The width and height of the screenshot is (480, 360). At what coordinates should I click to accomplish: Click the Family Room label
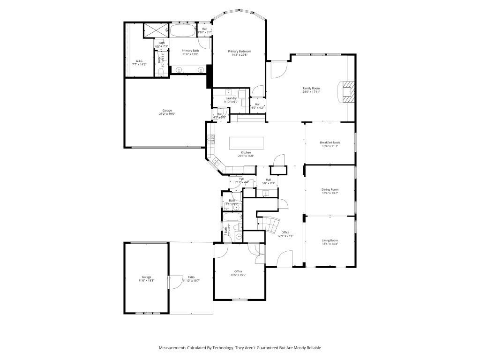[311, 88]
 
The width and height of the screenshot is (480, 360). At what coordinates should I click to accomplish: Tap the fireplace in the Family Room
[347, 92]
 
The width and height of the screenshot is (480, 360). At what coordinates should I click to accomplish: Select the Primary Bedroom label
[240, 51]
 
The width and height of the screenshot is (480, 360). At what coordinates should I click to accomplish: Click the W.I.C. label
[139, 60]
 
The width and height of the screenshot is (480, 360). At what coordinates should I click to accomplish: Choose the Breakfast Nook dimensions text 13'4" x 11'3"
[330, 146]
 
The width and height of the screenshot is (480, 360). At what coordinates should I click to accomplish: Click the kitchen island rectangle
[246, 142]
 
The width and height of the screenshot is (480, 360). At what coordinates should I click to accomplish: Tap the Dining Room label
[330, 189]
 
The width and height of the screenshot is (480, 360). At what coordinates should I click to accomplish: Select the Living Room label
[330, 240]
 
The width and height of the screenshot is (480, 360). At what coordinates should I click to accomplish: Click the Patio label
[191, 277]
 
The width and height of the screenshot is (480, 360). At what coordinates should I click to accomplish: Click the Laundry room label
[231, 98]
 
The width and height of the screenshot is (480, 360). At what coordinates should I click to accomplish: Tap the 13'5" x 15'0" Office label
[238, 271]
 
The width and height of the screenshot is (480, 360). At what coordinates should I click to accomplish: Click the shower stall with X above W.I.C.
[155, 30]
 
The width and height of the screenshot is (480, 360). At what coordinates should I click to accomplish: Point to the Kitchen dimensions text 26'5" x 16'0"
[246, 156]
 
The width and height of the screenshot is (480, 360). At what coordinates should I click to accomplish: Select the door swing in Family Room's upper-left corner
[277, 70]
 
